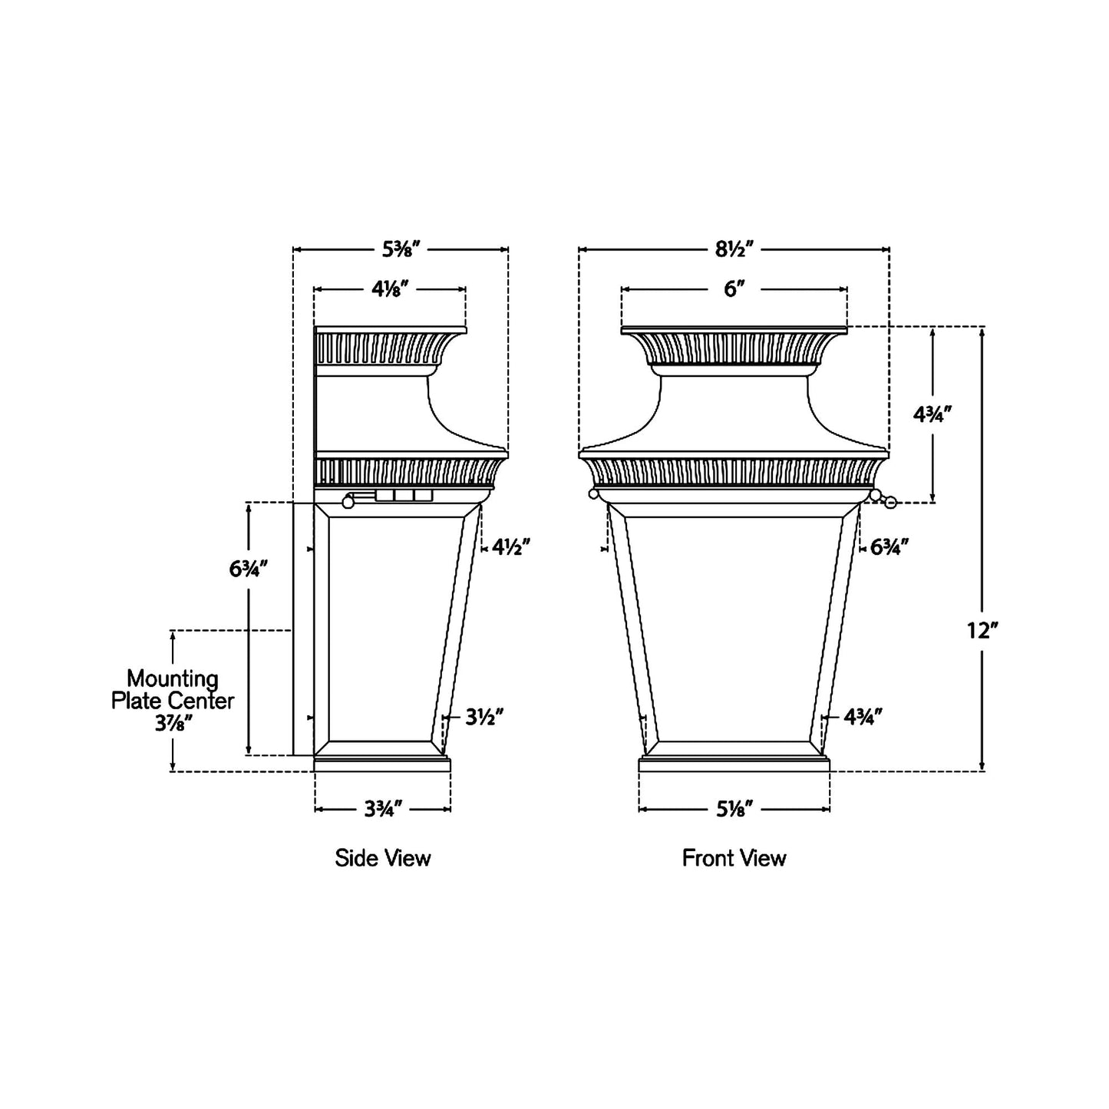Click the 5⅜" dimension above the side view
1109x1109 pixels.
tap(401, 249)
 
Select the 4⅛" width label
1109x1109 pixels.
tap(390, 289)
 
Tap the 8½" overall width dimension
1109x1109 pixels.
tap(734, 249)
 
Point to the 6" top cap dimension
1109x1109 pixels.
tap(734, 289)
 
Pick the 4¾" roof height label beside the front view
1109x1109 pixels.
tap(932, 414)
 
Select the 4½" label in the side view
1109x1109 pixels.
tap(511, 547)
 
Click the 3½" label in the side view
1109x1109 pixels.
tap(484, 717)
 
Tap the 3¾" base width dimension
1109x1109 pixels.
tap(382, 809)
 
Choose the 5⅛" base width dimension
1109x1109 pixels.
tap(734, 809)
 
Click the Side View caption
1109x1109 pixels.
tap(382, 858)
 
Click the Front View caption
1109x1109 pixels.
tap(734, 858)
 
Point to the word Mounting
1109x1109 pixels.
tap(173, 678)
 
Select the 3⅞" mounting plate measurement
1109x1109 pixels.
tap(173, 723)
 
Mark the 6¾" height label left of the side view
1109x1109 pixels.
tap(248, 569)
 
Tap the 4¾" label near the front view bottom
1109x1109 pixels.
tap(863, 717)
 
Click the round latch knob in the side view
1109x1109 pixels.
tap(348, 503)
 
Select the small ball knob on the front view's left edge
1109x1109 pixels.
tap(592, 494)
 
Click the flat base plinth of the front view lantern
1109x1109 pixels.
tap(734, 764)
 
